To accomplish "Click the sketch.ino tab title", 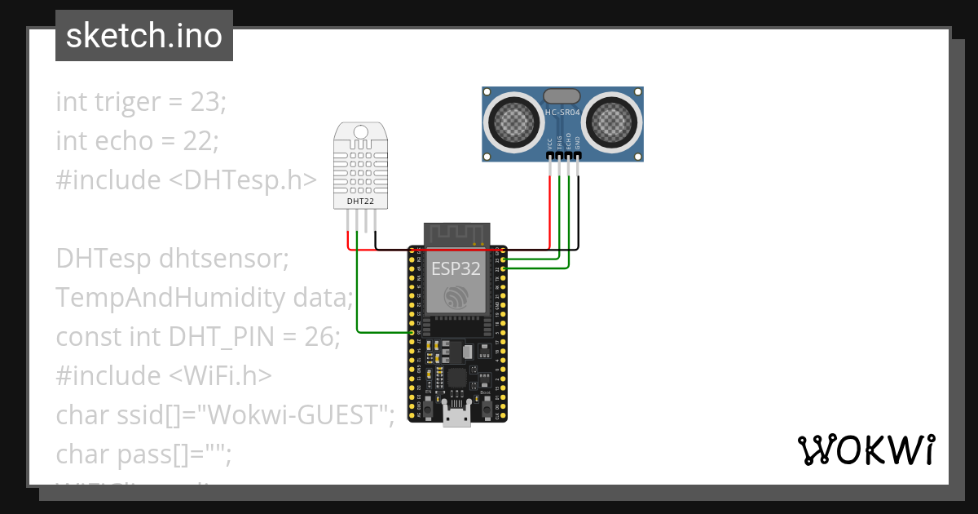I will [144, 36].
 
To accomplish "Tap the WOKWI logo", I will [865, 450].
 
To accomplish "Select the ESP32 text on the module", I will [455, 268].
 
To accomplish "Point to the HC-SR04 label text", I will [562, 112].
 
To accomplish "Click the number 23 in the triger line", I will [206, 102].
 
